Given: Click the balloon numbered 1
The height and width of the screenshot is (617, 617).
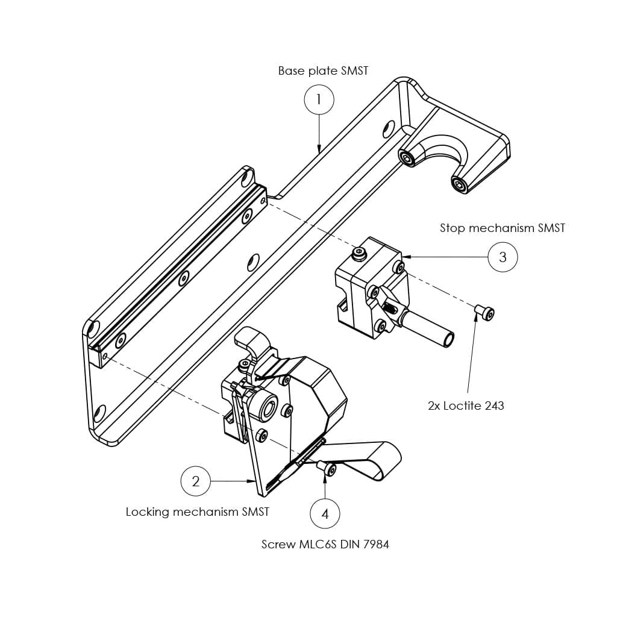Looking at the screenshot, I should coord(319,100).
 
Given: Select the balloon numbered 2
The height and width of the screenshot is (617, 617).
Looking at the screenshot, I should coord(196,481).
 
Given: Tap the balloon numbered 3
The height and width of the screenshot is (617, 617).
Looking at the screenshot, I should coord(503,257).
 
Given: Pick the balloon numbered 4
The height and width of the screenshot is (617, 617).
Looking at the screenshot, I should coord(325,514).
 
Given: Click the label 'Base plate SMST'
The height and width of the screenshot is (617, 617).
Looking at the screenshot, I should coord(323,70).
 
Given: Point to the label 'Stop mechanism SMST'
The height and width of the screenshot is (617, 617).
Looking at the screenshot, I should coord(503,228).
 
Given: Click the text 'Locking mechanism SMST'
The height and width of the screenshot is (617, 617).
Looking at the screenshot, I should coord(197,512).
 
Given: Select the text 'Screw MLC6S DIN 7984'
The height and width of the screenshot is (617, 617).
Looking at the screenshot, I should coord(325,544).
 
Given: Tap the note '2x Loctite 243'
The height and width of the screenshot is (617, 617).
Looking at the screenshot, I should coord(466,406).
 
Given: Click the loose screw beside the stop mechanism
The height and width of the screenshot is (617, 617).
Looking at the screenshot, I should coord(484,312).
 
